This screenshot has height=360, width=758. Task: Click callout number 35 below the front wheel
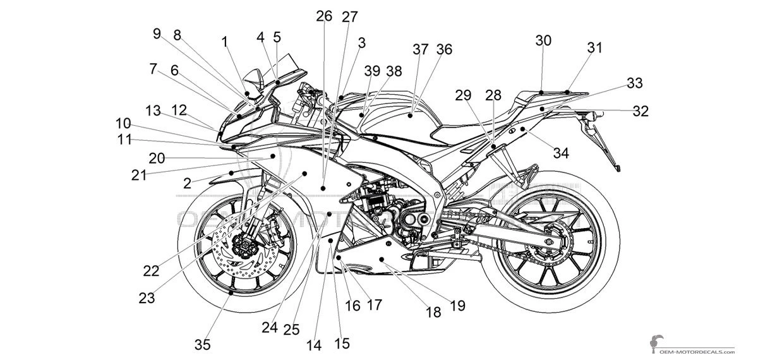[x=202, y=345]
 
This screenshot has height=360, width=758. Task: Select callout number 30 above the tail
[x=543, y=41]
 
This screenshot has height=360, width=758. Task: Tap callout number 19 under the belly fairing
[x=457, y=306]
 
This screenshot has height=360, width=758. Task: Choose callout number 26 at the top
[x=324, y=16]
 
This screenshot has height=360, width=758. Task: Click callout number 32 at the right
[x=641, y=111]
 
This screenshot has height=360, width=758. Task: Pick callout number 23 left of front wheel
[x=147, y=297]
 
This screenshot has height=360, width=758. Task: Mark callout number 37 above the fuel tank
[x=421, y=50]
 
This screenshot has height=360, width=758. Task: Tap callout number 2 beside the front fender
[x=188, y=183]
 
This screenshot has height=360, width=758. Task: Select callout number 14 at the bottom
[x=314, y=345]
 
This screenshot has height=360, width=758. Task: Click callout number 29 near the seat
[x=463, y=95]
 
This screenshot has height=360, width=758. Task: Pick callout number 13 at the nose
[x=153, y=111]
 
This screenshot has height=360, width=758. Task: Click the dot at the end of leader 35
[x=232, y=293]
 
